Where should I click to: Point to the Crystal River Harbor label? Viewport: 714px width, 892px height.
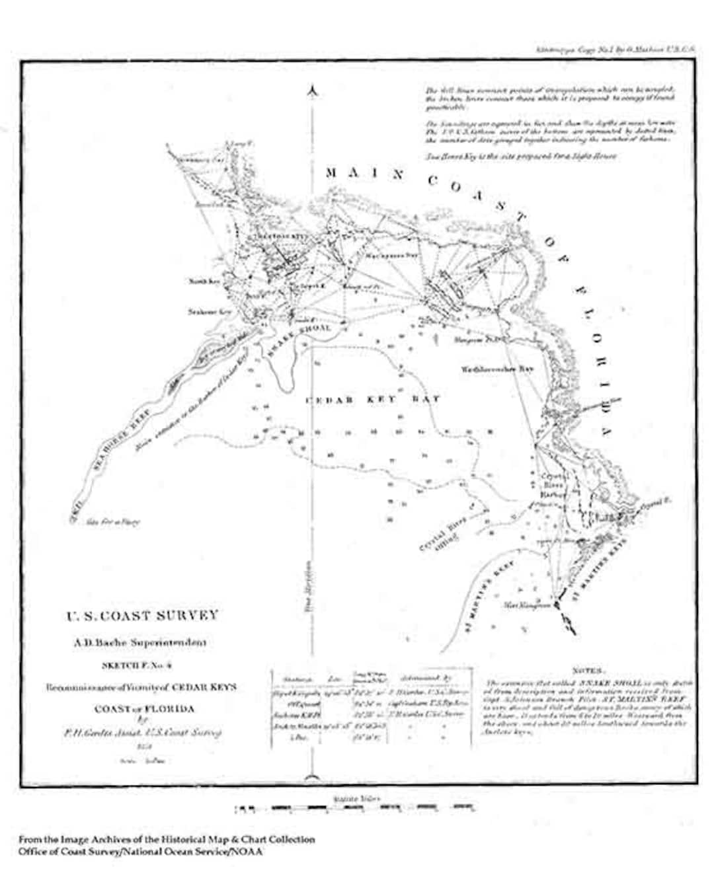[554, 485]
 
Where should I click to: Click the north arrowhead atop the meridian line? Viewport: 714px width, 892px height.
[314, 90]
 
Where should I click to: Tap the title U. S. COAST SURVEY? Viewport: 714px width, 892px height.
[141, 616]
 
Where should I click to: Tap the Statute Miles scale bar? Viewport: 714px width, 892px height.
[354, 807]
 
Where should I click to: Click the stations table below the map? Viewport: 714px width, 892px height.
[372, 708]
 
